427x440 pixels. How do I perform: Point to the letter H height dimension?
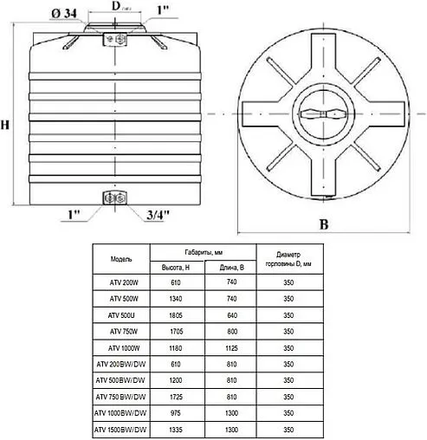[7, 125]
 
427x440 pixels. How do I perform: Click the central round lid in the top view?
[324, 114]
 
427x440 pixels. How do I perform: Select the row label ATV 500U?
[121, 314]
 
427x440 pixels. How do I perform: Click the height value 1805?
[177, 314]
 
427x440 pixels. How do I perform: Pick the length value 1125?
[232, 347]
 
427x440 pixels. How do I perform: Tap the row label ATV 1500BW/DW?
[121, 428]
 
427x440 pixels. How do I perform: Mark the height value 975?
[177, 412]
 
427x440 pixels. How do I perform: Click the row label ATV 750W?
[121, 331]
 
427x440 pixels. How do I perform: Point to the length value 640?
[232, 314]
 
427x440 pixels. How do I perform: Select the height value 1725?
[177, 396]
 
